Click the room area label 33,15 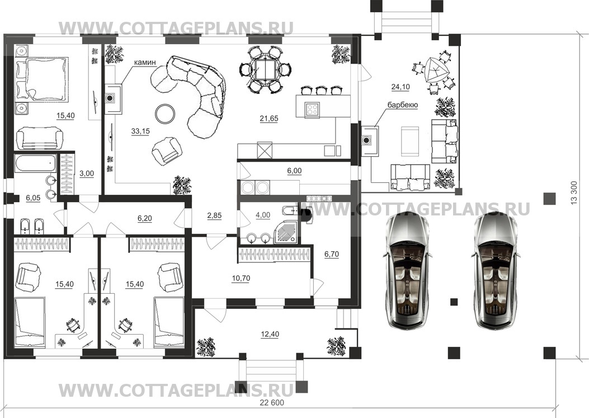[x=140, y=131]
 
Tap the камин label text [x=146, y=63]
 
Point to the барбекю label [x=403, y=105]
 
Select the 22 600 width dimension [x=272, y=402]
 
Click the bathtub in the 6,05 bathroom [x=36, y=163]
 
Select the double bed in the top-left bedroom [x=42, y=79]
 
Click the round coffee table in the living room [x=165, y=114]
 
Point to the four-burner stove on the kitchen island [x=312, y=109]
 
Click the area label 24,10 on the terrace [x=400, y=87]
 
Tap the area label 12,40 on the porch [x=270, y=334]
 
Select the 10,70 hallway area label [x=241, y=279]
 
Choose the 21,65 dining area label [x=269, y=119]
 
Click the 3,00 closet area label [x=87, y=173]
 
